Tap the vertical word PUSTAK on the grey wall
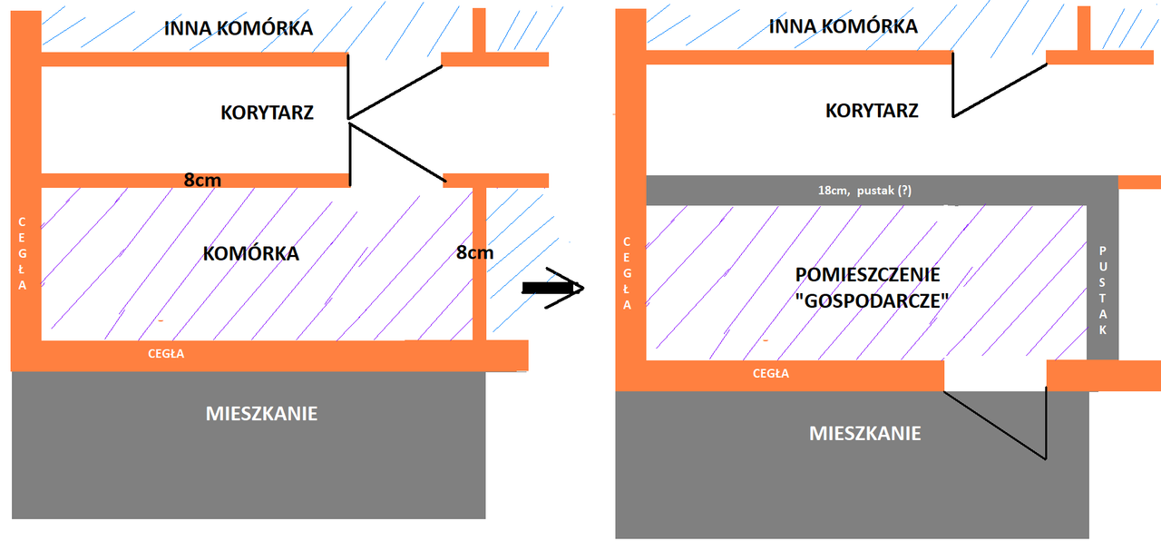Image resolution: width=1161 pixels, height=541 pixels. pyautogui.click(x=1103, y=290)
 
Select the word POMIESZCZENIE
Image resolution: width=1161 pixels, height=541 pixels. pyautogui.click(x=867, y=275)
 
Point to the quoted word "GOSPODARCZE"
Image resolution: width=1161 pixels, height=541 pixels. pyautogui.click(x=866, y=302)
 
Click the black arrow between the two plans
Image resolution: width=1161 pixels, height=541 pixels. pyautogui.click(x=552, y=288)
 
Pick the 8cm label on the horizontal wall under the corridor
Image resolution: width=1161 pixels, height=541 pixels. pyautogui.click(x=202, y=180)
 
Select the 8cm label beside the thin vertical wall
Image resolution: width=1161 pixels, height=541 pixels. pyautogui.click(x=474, y=253)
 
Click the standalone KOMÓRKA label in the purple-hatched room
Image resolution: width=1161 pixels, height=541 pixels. pyautogui.click(x=251, y=253)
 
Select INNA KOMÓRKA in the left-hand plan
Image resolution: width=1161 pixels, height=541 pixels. pyautogui.click(x=239, y=28)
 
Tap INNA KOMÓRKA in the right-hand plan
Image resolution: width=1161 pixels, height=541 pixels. pyautogui.click(x=843, y=26)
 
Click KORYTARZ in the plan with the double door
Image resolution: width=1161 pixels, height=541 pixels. pyautogui.click(x=267, y=113)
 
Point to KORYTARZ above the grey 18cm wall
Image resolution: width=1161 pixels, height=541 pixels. pyautogui.click(x=872, y=111)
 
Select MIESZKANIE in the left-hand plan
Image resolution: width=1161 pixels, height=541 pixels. pyautogui.click(x=261, y=413)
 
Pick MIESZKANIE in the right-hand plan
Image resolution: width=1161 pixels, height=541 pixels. pyautogui.click(x=864, y=433)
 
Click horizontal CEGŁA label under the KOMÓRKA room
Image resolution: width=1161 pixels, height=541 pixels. pyautogui.click(x=166, y=354)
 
